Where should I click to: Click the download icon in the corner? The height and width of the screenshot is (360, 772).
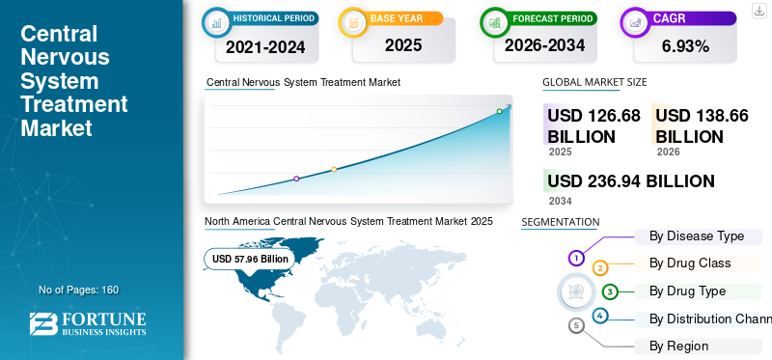[758, 11]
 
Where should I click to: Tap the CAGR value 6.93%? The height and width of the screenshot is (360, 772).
[685, 46]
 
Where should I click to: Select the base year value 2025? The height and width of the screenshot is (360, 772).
[403, 45]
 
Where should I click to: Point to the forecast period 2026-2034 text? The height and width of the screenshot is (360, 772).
[544, 45]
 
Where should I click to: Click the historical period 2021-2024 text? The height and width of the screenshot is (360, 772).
[265, 47]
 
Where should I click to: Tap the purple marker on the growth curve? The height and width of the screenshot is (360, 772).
[296, 179]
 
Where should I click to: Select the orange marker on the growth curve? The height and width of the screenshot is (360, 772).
[334, 170]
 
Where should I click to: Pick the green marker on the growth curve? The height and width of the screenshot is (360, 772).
[499, 111]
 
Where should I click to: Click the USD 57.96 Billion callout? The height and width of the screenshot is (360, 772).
[250, 259]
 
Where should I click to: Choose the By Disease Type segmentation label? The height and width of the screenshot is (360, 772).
[697, 235]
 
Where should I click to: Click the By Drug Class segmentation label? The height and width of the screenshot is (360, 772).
[690, 263]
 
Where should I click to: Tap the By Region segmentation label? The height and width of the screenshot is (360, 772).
[678, 346]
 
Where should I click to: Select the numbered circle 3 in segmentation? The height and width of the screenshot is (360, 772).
[610, 291]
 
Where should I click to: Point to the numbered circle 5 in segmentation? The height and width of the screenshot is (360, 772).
[576, 325]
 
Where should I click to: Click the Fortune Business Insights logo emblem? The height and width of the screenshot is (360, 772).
[43, 324]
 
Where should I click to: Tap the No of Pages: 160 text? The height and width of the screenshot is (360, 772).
[79, 290]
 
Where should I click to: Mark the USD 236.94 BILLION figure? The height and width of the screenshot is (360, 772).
[631, 181]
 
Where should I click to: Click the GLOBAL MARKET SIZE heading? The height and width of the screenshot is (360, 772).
[594, 82]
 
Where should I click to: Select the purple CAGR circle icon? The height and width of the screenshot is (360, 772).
[636, 22]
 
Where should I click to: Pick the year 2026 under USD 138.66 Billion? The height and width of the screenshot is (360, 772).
[668, 152]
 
